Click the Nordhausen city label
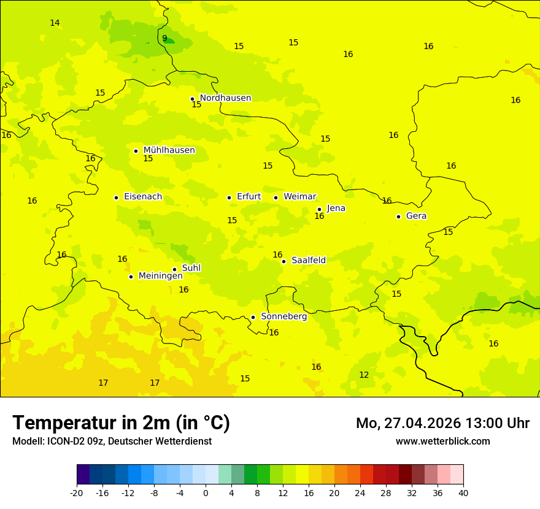click(225, 98)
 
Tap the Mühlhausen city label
click(169, 150)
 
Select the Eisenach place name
click(143, 197)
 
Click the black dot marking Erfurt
click(229, 197)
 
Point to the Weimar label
click(299, 197)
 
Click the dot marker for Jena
click(319, 209)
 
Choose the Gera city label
click(416, 216)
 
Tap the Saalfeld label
click(309, 261)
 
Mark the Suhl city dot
click(174, 269)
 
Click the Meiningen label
click(160, 277)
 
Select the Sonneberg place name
click(283, 317)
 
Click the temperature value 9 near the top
click(164, 39)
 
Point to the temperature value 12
click(364, 375)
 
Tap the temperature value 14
click(55, 23)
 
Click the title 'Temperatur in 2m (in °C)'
click(121, 423)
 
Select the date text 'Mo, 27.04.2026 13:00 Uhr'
click(442, 423)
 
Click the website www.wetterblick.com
click(442, 442)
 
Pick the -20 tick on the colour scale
click(77, 492)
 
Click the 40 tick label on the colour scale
click(463, 492)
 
